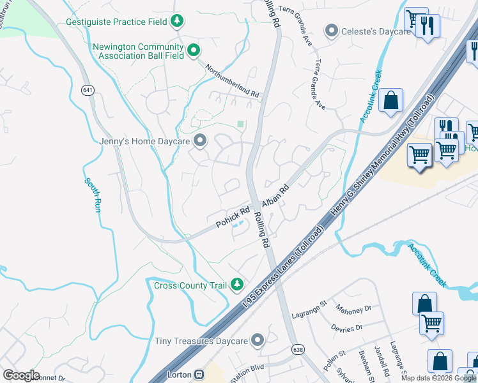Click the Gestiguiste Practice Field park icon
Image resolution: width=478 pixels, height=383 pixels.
tap(177, 22)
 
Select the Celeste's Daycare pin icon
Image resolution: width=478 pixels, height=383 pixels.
tap(332, 31)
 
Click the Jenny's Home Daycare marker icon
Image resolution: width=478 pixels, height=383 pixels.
tap(200, 140)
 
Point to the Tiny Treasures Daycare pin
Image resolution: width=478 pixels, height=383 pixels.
tap(258, 340)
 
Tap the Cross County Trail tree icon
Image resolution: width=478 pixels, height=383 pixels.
tap(238, 284)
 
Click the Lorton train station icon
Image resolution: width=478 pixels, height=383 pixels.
tap(199, 375)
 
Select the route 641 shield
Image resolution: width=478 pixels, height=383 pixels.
tap(88, 90)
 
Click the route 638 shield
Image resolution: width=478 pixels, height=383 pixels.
tap(299, 350)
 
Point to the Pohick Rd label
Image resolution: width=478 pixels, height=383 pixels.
tap(233, 216)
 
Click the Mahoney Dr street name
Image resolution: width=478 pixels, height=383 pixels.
tap(353, 309)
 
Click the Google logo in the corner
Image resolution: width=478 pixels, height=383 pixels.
tap(21, 375)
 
